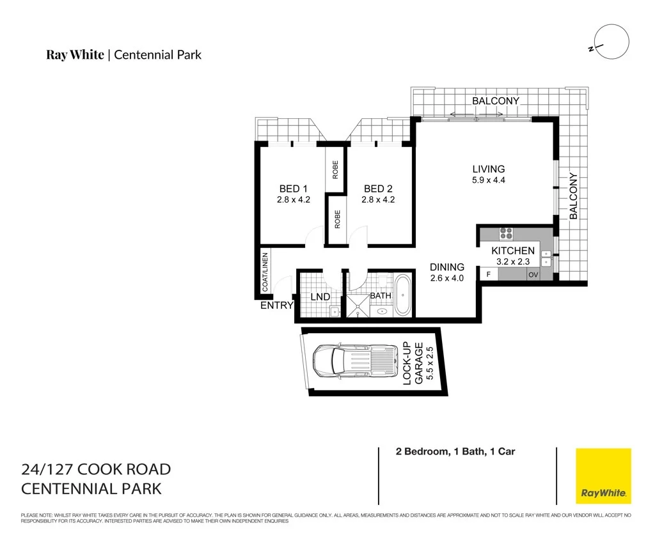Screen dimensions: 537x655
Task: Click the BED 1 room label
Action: (x=294, y=189)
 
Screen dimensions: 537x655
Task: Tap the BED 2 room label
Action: (x=378, y=189)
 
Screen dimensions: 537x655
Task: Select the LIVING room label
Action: (x=489, y=169)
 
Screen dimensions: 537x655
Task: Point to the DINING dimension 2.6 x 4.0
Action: (x=446, y=278)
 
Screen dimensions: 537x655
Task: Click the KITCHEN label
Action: (x=513, y=251)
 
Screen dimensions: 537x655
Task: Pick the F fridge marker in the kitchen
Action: (x=489, y=274)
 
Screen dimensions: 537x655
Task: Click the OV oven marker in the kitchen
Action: (x=532, y=275)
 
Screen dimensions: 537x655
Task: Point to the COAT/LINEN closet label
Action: (x=265, y=272)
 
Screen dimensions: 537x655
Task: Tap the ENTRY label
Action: (x=276, y=306)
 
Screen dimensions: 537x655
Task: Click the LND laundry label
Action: (x=320, y=297)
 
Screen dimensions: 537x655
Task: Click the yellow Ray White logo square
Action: (x=603, y=476)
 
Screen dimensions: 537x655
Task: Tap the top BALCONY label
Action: (x=496, y=101)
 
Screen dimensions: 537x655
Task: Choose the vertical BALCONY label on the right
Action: (x=573, y=196)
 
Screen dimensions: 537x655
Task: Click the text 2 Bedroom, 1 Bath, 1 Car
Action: (x=455, y=452)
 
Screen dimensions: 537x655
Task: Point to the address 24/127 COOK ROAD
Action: (x=96, y=469)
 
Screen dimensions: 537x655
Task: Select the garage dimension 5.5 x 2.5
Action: (x=430, y=362)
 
